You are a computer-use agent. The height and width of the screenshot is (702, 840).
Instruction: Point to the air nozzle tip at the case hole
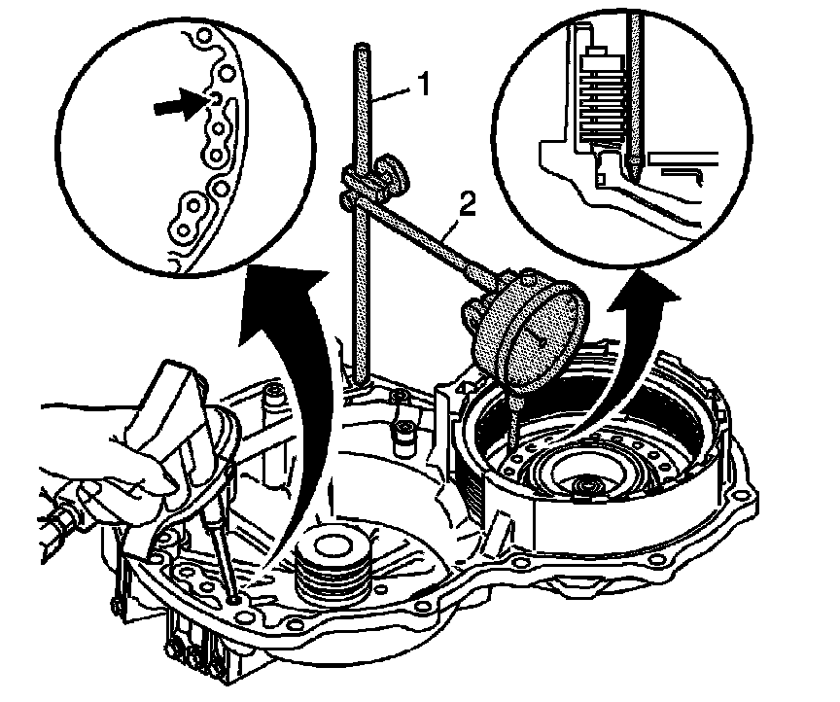pyautogui.click(x=232, y=593)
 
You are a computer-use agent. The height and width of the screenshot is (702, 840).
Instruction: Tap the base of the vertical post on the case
pyautogui.click(x=363, y=385)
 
